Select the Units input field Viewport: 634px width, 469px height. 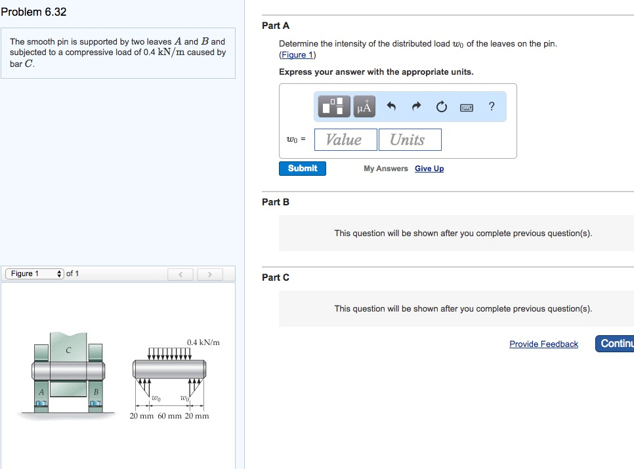click(410, 140)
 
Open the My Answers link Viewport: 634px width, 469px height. click(385, 169)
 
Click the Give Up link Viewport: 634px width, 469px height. click(429, 169)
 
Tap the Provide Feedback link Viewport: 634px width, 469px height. click(543, 344)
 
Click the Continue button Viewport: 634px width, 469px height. click(615, 344)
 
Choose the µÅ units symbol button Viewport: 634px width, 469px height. click(364, 106)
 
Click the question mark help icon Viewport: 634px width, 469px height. click(492, 106)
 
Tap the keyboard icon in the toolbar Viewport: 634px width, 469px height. click(467, 107)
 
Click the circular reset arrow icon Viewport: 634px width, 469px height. click(441, 106)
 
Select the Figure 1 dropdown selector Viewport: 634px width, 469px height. click(35, 274)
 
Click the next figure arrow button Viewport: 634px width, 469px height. click(209, 274)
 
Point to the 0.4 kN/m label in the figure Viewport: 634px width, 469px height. click(203, 342)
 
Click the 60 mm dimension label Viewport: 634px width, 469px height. click(169, 416)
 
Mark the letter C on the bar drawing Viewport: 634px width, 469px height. click(68, 351)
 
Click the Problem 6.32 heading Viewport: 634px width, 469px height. click(33, 12)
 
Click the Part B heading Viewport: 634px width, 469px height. click(275, 202)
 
